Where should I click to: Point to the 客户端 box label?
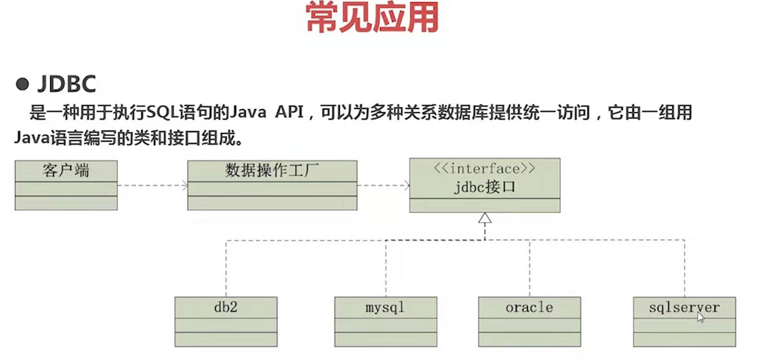click(x=66, y=170)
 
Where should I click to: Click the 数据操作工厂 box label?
click(x=272, y=170)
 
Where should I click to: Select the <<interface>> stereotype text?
click(x=484, y=168)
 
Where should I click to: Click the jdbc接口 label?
click(x=484, y=186)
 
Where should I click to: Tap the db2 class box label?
click(x=226, y=307)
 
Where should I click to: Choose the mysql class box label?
click(x=385, y=307)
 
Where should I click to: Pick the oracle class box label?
click(x=529, y=307)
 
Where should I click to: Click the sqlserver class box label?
click(x=684, y=307)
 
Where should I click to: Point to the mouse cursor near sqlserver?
click(x=700, y=317)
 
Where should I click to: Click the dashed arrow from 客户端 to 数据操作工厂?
click(x=152, y=184)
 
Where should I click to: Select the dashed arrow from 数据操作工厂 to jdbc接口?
click(x=382, y=184)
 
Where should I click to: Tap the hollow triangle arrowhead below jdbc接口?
click(x=485, y=218)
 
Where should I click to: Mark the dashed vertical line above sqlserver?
click(x=684, y=269)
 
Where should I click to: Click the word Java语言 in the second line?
click(x=45, y=138)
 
